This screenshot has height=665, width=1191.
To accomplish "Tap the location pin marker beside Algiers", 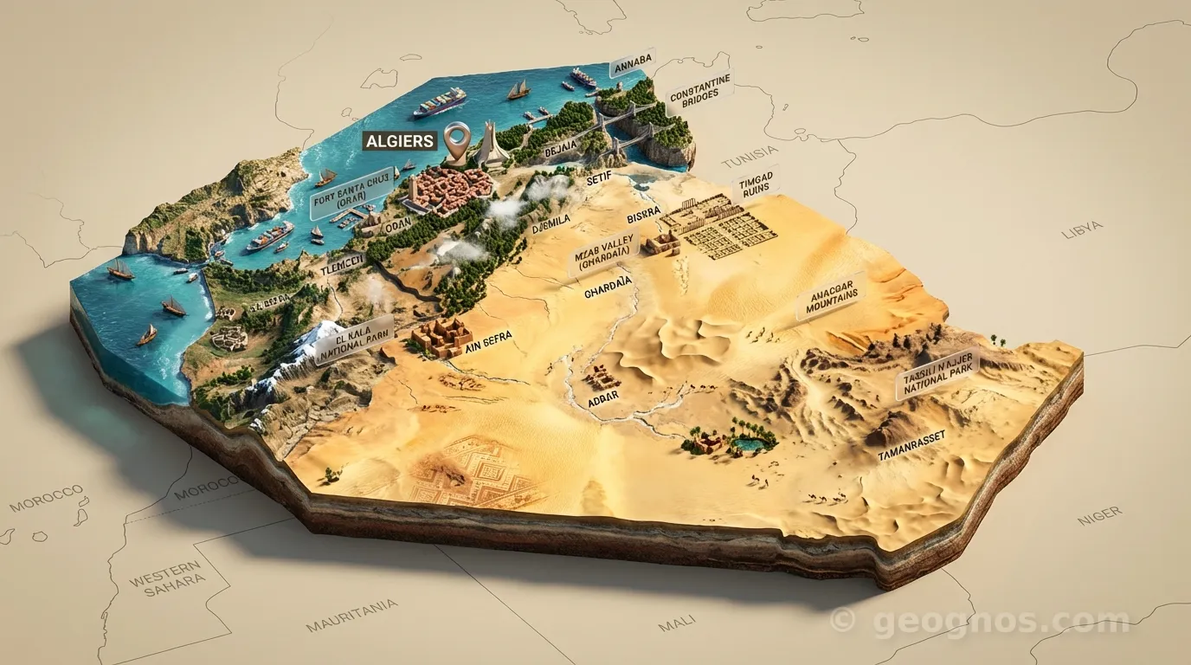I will point(456,139).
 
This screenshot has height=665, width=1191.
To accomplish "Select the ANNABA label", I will point(631,66).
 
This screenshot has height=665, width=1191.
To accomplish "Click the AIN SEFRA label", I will point(489,335).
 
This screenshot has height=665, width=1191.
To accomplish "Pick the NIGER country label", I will point(1098,515).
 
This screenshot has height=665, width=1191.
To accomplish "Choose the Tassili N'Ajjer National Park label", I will point(937,374).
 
